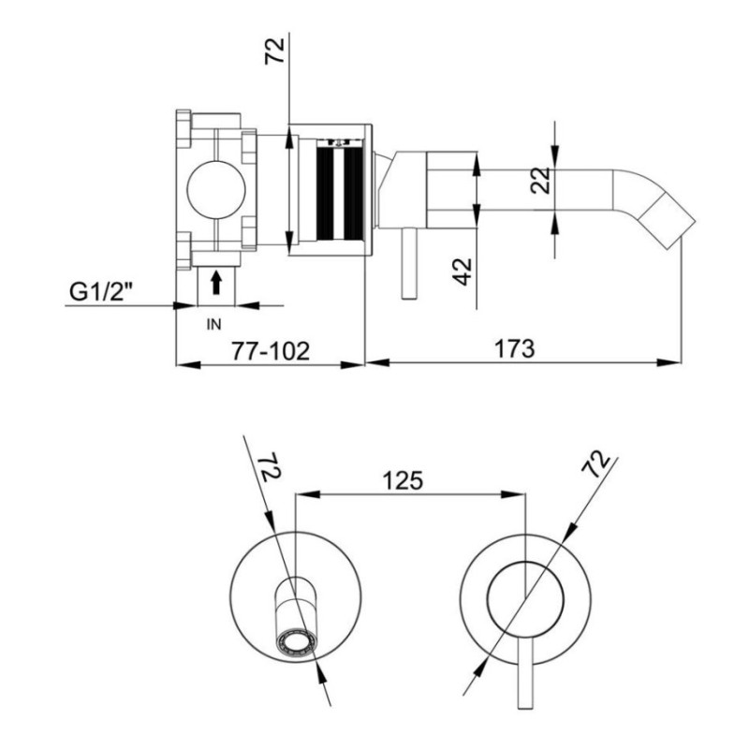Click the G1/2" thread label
100,291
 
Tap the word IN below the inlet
214,324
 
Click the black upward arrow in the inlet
216,282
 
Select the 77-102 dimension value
271,351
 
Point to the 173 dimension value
514,348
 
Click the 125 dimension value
403,480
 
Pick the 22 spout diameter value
541,181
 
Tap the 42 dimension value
463,272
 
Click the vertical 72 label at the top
274,51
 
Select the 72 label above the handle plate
596,463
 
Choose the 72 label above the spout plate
270,467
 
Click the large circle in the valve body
216,190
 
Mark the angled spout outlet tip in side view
682,235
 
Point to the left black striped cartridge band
324,194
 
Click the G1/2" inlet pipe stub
216,286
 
